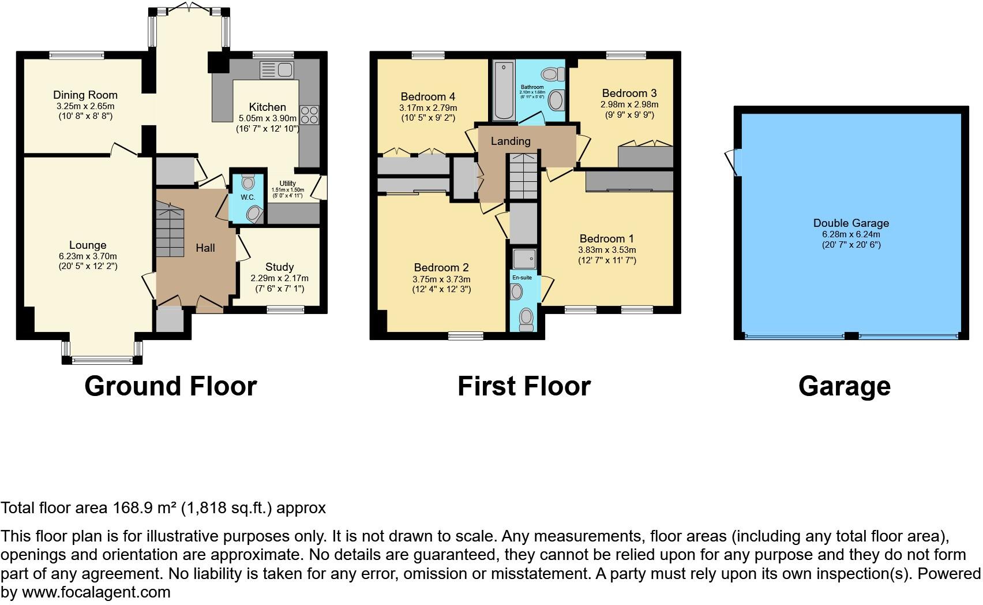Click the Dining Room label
(x=85, y=95)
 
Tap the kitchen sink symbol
(x=277, y=70)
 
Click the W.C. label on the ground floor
(x=248, y=197)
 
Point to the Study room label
(x=279, y=267)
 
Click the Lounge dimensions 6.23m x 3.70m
(x=88, y=256)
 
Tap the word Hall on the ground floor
(x=205, y=248)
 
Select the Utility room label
(x=287, y=184)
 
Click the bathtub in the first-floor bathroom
(x=502, y=91)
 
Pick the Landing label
(x=511, y=141)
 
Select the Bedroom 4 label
(x=427, y=96)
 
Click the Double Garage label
(x=851, y=223)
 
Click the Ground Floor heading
(x=170, y=386)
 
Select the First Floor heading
(x=524, y=386)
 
